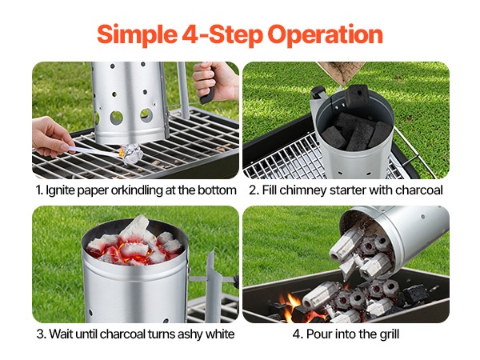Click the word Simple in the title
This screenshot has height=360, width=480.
pos(137,35)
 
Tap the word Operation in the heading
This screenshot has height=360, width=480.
pos(325,35)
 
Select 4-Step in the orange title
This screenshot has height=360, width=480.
pos(222,34)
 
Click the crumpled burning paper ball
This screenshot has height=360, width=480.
pos(132,154)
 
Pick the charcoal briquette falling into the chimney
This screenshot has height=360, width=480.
pos(356,97)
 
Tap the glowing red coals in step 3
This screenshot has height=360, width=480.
pos(134,248)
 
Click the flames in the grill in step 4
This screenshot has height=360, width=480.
pos(290,308)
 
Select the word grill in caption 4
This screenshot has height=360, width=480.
pos(390,334)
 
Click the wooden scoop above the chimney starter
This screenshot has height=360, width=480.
pos(341,73)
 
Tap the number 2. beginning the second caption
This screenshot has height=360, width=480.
pos(254,190)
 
